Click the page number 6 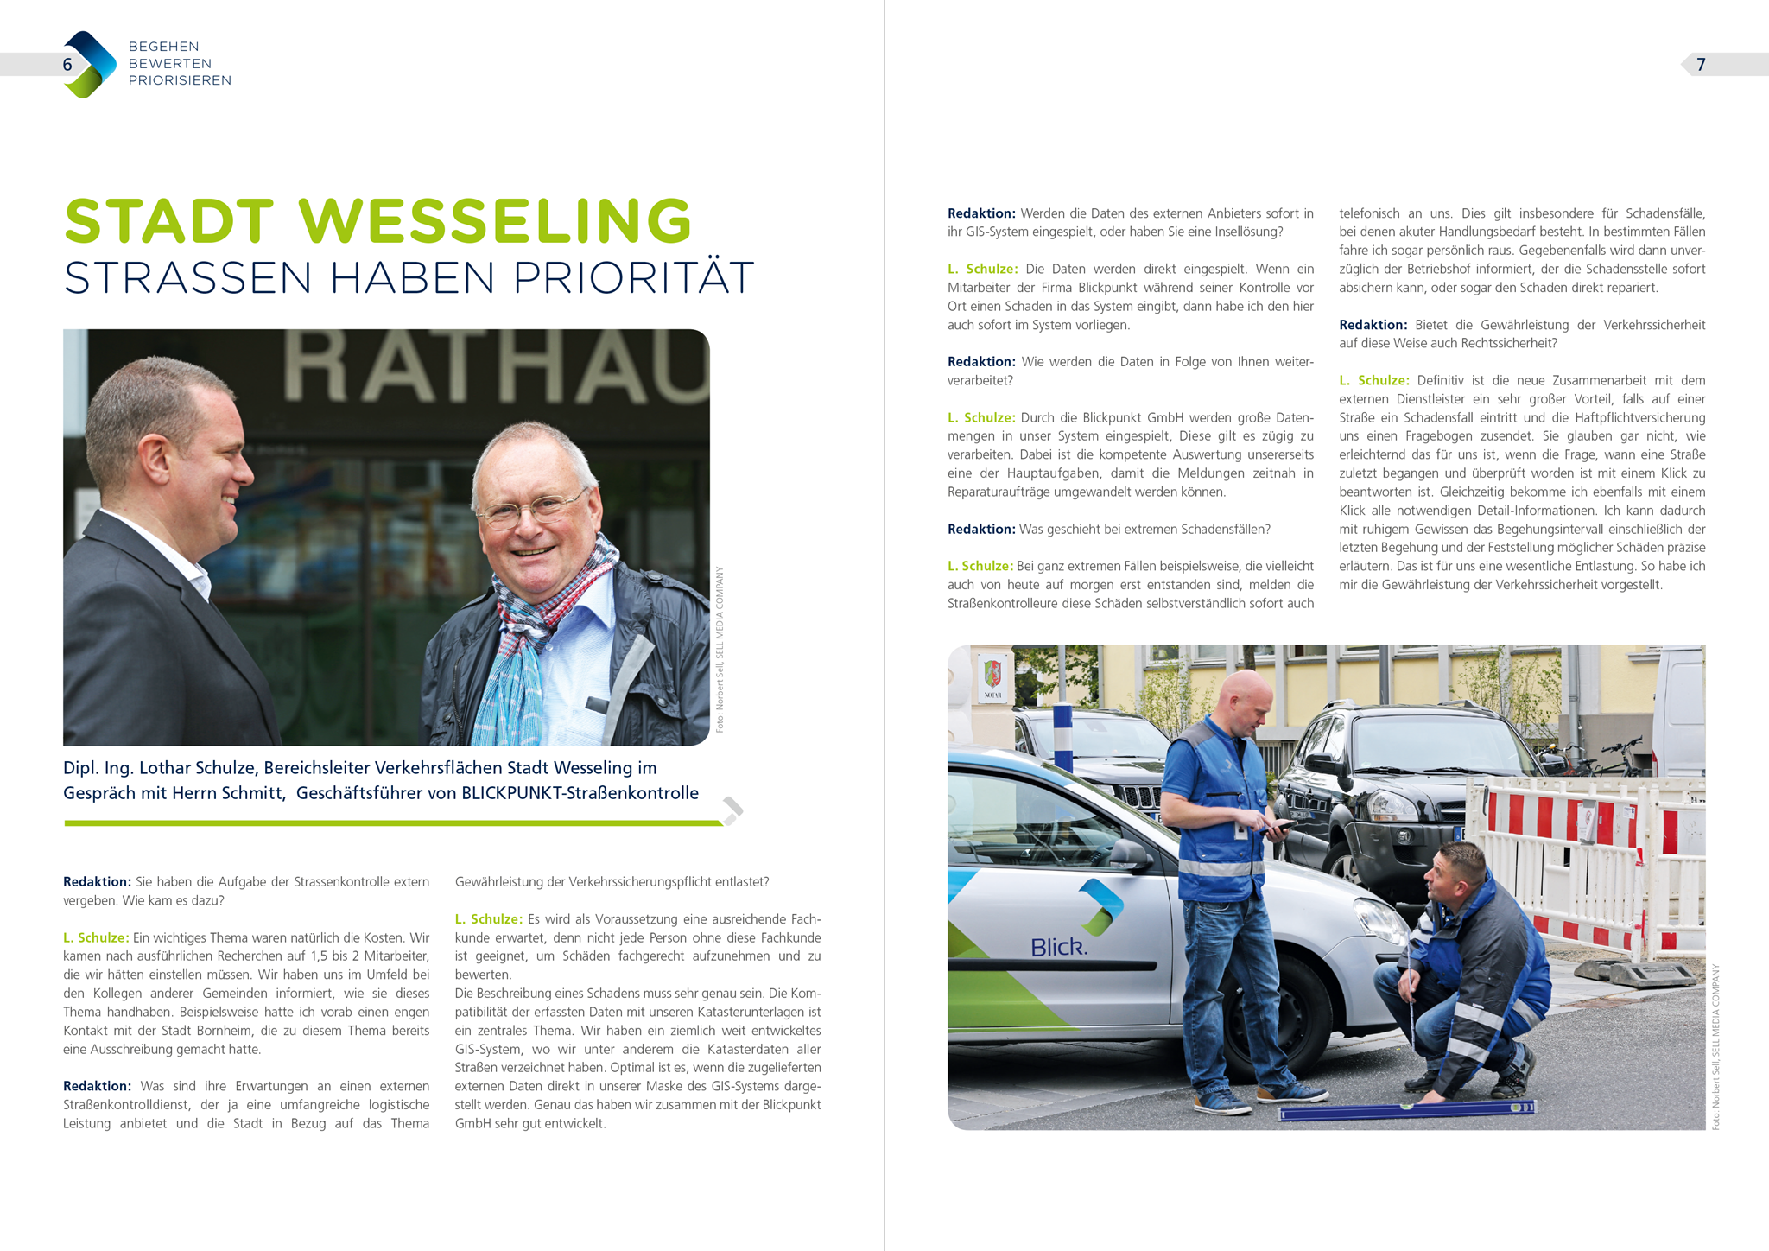[x=67, y=65]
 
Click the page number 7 [x=1701, y=65]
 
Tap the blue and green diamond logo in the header [x=90, y=65]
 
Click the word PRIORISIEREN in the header [x=180, y=80]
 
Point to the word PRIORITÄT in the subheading [x=633, y=278]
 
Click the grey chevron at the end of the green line [x=732, y=810]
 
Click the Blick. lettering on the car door [x=1059, y=948]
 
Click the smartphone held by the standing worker [x=1283, y=826]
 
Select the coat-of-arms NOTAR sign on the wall [x=992, y=677]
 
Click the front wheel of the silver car [x=1278, y=1019]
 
